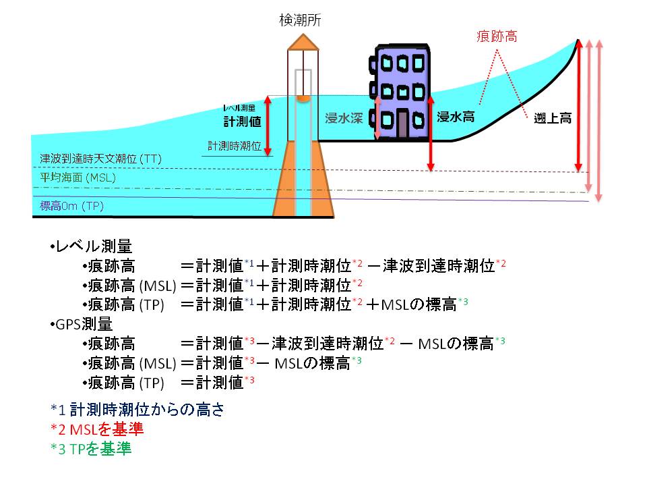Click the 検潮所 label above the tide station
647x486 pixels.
coord(301,21)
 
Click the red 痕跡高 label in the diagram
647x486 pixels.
coord(497,36)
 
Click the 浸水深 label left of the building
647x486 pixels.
coord(344,118)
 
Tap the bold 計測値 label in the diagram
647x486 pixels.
coord(243,122)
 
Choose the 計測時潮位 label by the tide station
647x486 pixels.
coord(234,146)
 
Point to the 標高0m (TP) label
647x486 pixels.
coord(73,205)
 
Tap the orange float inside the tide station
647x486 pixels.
coord(303,99)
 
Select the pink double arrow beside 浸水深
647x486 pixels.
coord(377,118)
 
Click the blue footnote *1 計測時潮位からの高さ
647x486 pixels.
coord(137,409)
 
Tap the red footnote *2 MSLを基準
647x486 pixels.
coord(97,429)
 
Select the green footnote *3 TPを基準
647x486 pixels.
coord(91,449)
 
